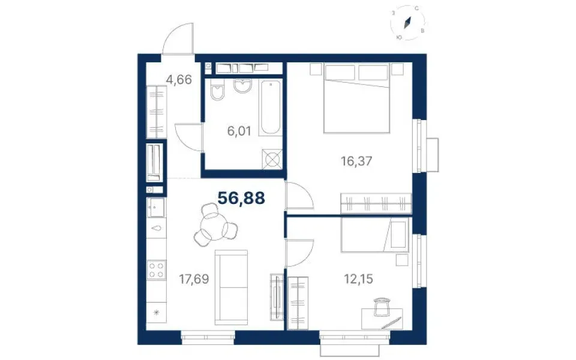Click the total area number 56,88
tap(241, 198)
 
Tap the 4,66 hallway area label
tap(179, 79)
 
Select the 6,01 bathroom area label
tap(239, 131)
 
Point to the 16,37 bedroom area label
tap(356, 161)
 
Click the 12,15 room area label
tap(358, 279)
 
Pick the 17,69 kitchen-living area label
tap(194, 279)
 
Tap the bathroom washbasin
tap(242, 86)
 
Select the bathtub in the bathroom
tap(270, 107)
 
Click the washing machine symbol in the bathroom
tap(272, 159)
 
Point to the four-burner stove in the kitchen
tap(156, 270)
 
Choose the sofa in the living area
tap(231, 287)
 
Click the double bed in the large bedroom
tap(356, 98)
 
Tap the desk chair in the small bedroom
tap(382, 307)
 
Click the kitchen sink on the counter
tap(156, 208)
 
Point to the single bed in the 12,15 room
tap(374, 235)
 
